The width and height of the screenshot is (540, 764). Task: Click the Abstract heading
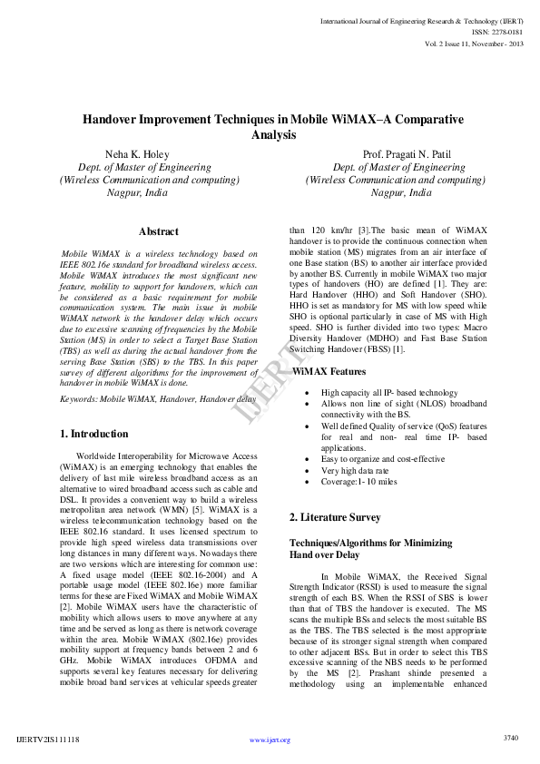click(159, 231)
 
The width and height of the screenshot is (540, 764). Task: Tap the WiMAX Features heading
click(329, 371)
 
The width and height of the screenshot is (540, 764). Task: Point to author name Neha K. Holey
click(137, 154)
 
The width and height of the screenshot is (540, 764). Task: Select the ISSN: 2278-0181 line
click(496, 31)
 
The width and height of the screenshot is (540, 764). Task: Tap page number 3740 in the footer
click(511, 738)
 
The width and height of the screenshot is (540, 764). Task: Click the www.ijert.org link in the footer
click(270, 740)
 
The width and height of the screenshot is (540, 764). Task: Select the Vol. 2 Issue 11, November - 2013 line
click(473, 43)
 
